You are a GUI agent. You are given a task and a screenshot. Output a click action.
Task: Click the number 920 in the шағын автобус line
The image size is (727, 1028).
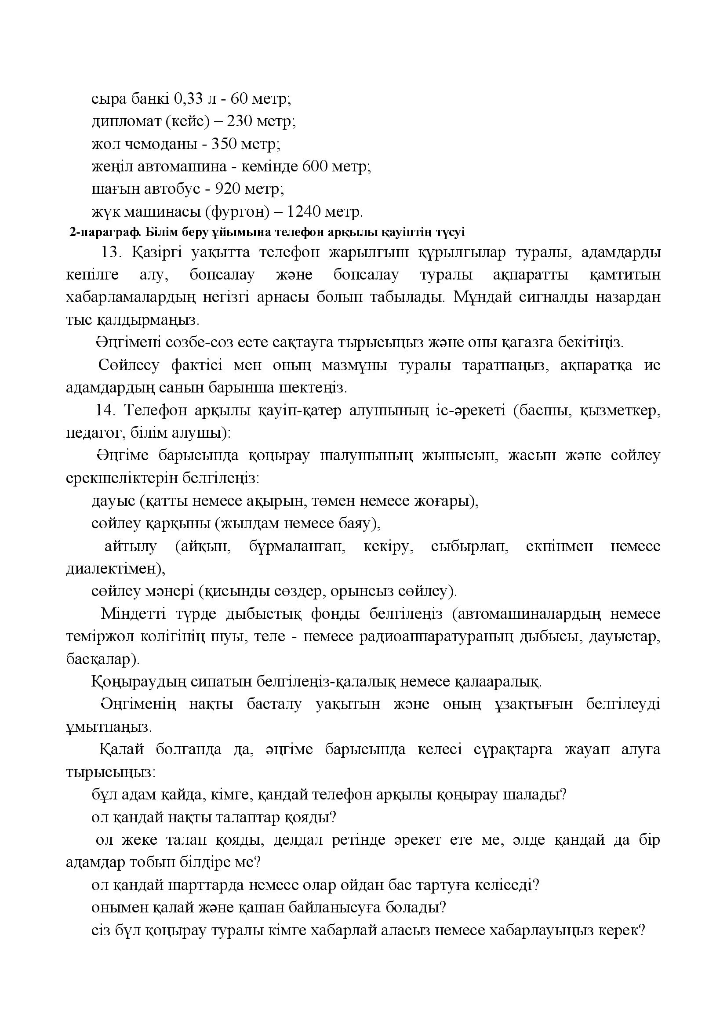click(x=229, y=189)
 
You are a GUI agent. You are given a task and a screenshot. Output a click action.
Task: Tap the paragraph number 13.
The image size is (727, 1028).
click(x=113, y=253)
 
